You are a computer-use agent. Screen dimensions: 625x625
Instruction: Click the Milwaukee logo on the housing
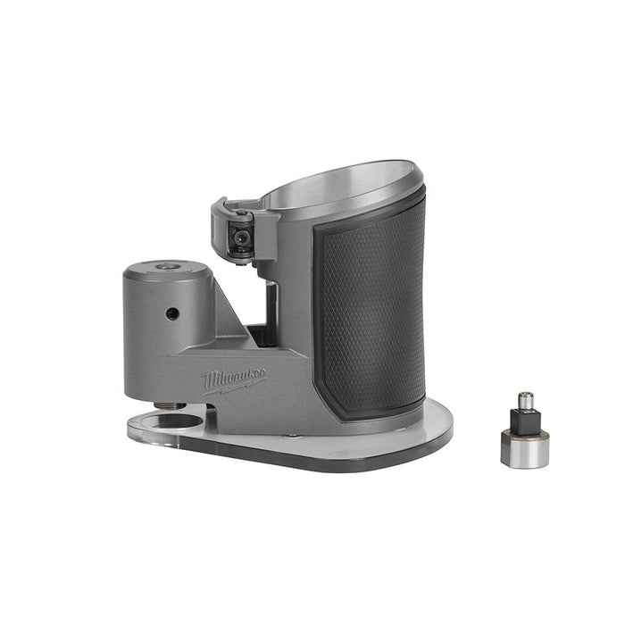(234, 379)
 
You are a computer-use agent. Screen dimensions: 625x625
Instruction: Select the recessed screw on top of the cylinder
(167, 266)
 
